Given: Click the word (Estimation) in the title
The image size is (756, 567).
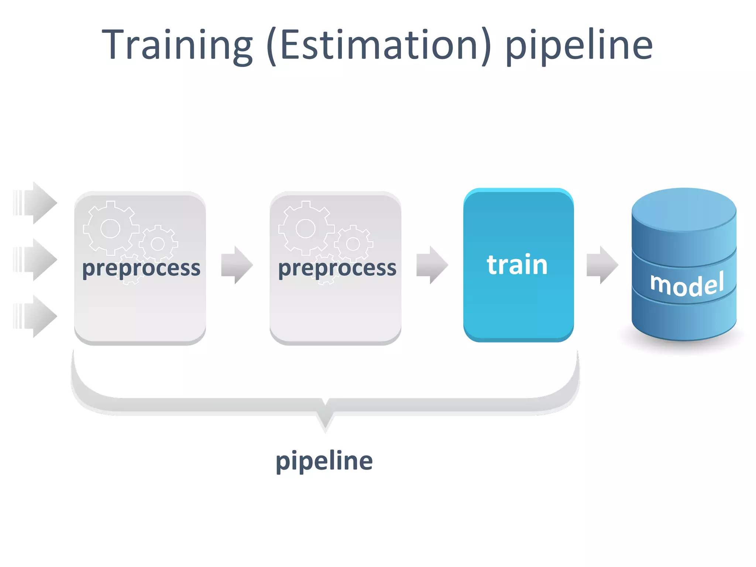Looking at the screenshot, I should click(379, 45).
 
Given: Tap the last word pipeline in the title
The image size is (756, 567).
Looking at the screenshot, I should click(579, 45).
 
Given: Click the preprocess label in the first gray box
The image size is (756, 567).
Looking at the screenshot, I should click(141, 268).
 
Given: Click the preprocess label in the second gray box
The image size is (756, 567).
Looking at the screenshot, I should click(337, 268).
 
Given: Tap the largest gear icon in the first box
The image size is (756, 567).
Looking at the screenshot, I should click(110, 228).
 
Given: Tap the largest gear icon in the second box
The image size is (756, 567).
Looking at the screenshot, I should click(306, 228).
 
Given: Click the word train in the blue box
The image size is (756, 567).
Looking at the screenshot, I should click(517, 265).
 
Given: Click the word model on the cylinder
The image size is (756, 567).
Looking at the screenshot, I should click(687, 284).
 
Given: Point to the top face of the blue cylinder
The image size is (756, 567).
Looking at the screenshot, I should click(684, 209).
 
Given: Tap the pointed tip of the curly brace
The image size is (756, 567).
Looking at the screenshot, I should click(325, 428).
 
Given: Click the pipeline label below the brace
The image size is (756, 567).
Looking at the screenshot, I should click(324, 461).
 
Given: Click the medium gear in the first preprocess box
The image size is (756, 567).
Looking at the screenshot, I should click(158, 244).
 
